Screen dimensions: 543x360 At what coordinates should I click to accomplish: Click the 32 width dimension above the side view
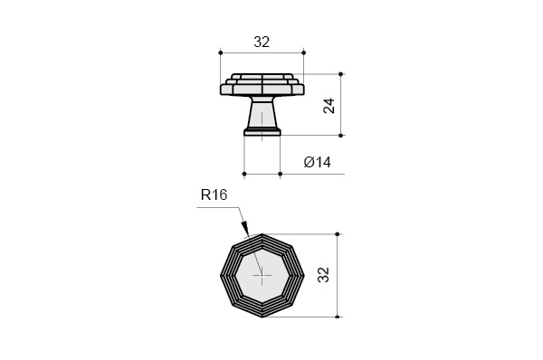262,42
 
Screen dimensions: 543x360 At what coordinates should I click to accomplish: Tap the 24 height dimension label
329,106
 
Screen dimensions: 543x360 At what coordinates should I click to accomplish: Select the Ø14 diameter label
318,162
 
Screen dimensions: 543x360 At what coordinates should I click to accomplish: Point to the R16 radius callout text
214,194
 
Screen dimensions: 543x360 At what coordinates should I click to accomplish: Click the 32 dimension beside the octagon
323,275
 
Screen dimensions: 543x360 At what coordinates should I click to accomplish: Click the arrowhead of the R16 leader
245,228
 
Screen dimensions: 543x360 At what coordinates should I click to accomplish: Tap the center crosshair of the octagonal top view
262,276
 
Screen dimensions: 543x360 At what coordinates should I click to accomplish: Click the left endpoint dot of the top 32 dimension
221,52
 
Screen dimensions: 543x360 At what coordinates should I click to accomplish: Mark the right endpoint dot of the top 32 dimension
304,52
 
